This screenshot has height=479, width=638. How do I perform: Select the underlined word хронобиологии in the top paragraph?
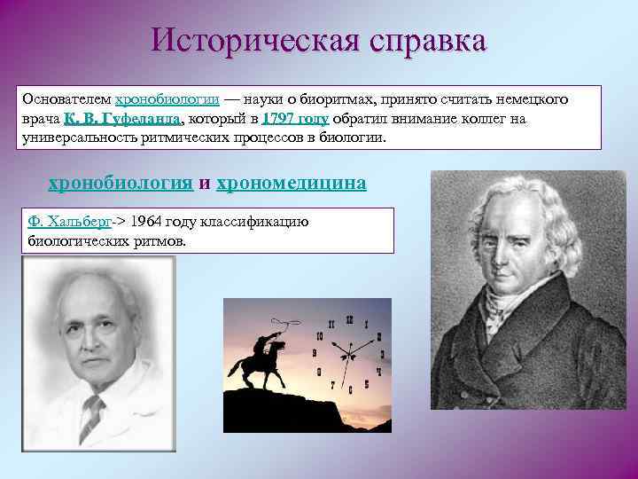167,100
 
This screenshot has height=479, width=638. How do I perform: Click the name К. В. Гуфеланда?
123,120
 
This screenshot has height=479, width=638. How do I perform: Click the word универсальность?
75,138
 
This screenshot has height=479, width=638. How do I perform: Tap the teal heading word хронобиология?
120,183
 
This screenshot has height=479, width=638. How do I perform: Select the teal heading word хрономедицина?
292,183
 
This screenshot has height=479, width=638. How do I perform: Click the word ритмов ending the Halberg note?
160,240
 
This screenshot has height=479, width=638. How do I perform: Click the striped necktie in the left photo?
91,418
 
